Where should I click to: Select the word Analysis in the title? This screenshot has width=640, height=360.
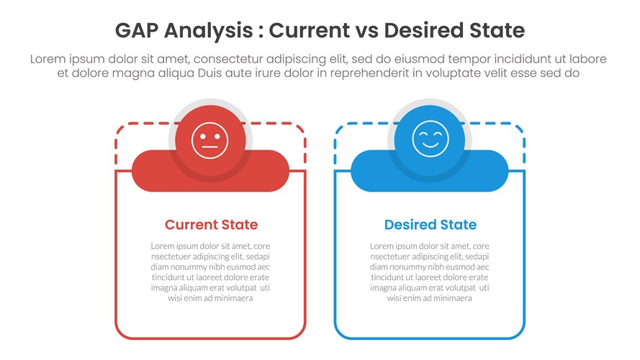coord(208,31)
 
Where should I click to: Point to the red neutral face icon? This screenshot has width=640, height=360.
coord(209,140)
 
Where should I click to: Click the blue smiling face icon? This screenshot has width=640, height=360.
coord(431,139)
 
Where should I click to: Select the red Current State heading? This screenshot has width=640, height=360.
coord(211,225)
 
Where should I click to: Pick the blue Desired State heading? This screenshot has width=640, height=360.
coord(431,225)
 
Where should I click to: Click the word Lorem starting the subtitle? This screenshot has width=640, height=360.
coord(48,59)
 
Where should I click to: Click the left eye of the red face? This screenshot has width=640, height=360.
coord(203,137)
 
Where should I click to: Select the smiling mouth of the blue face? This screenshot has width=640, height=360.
coord(431,144)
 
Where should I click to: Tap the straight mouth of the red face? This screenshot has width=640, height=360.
coord(209,148)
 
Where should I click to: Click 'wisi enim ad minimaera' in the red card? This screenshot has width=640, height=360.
coord(210,298)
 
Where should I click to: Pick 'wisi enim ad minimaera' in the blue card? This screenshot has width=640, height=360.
coord(429,298)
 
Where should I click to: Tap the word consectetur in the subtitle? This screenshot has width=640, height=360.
coord(229,59)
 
